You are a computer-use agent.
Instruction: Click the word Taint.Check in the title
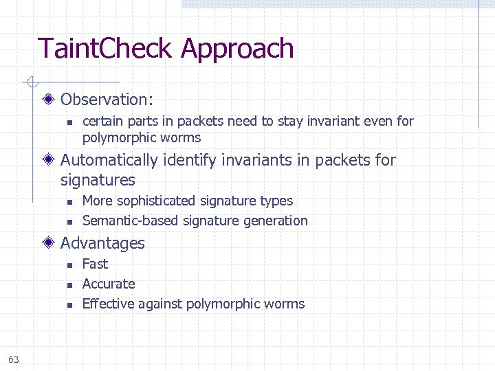106,49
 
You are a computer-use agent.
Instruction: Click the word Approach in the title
237,49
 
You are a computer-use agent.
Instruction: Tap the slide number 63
14,359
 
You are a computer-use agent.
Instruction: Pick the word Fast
95,264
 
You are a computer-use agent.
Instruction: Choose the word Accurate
109,284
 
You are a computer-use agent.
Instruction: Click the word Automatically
109,160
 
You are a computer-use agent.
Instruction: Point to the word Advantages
102,243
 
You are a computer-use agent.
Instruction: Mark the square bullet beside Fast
69,265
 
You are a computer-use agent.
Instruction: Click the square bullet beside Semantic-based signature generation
69,222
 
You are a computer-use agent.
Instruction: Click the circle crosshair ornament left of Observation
30,83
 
